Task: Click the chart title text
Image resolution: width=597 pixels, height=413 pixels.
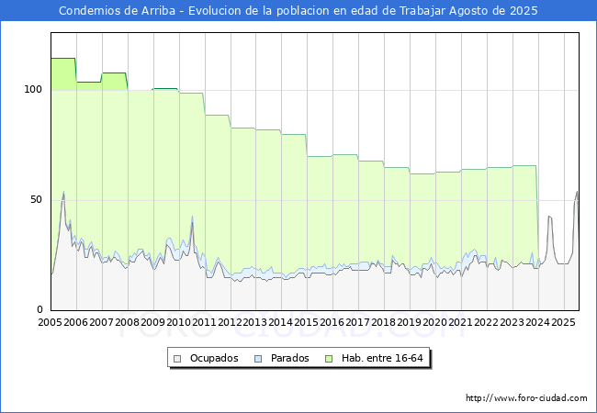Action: (x=298, y=11)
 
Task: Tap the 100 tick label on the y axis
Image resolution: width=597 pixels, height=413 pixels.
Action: (x=33, y=89)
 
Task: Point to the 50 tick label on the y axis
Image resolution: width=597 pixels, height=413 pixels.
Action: (x=36, y=199)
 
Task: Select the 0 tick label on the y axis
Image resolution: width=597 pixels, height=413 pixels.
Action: (x=40, y=309)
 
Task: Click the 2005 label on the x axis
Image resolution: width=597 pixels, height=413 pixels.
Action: (x=50, y=322)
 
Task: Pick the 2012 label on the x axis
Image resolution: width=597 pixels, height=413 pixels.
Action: (x=230, y=322)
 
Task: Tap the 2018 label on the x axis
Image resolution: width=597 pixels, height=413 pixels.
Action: (x=384, y=322)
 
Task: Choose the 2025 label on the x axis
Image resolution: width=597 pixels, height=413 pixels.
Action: (x=563, y=322)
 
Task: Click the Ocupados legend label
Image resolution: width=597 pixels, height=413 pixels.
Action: (x=214, y=358)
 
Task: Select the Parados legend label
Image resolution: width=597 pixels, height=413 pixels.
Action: (x=289, y=358)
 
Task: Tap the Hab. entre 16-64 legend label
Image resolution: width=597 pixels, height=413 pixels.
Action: (x=382, y=358)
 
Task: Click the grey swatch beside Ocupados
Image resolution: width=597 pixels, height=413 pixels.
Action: (x=177, y=359)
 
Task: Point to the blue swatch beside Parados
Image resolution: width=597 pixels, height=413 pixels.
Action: (x=258, y=359)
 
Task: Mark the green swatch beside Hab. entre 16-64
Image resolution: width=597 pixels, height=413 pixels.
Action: (x=329, y=359)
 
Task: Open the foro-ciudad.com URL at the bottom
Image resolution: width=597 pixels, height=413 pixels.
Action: (x=526, y=398)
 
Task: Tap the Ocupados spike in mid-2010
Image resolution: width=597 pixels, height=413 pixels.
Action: (x=192, y=222)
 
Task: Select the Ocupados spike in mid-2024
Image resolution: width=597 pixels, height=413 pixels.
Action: (x=549, y=216)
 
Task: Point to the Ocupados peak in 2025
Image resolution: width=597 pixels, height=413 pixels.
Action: (x=577, y=192)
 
